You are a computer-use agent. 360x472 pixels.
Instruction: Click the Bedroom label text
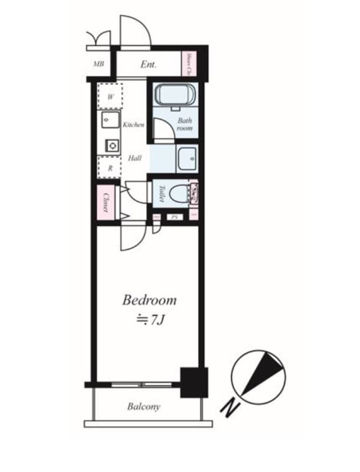point(149,300)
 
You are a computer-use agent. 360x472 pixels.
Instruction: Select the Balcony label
point(143,407)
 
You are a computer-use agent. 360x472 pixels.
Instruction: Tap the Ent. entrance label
point(148,64)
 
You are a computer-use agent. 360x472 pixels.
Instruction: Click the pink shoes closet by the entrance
point(188,64)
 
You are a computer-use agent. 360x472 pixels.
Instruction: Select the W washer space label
point(110,96)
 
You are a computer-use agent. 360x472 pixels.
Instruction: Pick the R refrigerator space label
point(110,168)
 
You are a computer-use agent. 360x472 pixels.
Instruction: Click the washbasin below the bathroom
point(188,158)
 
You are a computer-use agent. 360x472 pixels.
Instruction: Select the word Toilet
point(161,193)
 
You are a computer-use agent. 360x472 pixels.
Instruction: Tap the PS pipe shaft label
point(175,217)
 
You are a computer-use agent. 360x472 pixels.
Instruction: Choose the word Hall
point(135,158)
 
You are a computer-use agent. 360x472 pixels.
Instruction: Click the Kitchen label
point(134,125)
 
